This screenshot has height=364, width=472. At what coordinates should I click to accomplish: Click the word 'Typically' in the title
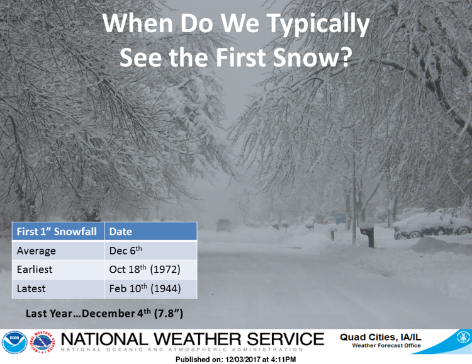click(318, 25)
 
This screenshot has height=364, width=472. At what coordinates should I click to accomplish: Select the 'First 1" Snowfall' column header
click(57, 231)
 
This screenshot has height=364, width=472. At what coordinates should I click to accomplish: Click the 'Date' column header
click(121, 231)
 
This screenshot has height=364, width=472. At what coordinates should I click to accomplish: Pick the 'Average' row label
click(36, 251)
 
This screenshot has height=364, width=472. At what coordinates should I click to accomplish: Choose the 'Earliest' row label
click(35, 270)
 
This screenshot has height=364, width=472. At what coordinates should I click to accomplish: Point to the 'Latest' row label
click(31, 288)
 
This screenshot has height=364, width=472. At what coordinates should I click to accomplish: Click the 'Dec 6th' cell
click(125, 251)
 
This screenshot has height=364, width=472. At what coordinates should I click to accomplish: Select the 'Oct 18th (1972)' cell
click(145, 269)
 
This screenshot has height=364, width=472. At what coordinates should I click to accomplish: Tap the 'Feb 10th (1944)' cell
click(145, 288)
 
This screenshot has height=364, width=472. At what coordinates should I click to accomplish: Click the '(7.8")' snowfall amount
click(169, 314)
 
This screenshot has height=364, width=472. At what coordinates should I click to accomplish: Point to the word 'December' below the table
click(108, 314)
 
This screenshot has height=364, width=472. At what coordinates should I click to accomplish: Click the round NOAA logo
click(14, 343)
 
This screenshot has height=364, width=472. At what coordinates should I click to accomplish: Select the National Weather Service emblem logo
click(43, 343)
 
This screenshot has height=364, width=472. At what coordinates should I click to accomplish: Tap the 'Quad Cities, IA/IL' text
click(381, 337)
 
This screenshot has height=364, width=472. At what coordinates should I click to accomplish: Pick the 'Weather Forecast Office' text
click(386, 346)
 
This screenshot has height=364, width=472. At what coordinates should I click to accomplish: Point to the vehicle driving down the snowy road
click(223, 225)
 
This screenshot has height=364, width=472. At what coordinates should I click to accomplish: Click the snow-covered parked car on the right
click(432, 224)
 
